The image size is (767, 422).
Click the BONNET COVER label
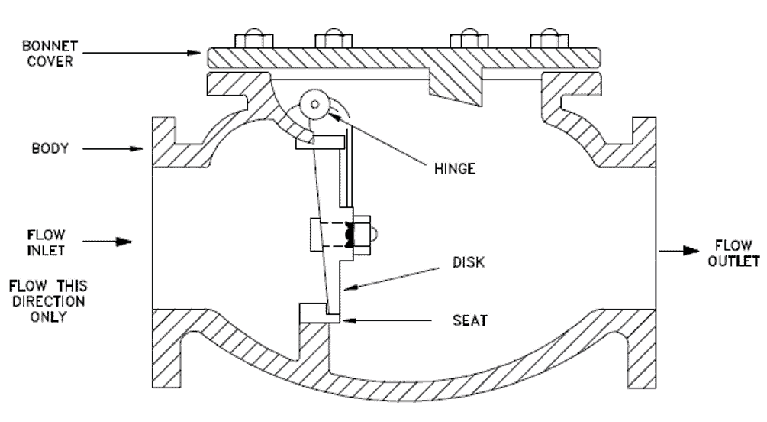tap(47, 54)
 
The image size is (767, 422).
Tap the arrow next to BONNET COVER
tap(145, 53)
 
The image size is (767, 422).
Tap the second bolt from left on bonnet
tap(334, 41)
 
